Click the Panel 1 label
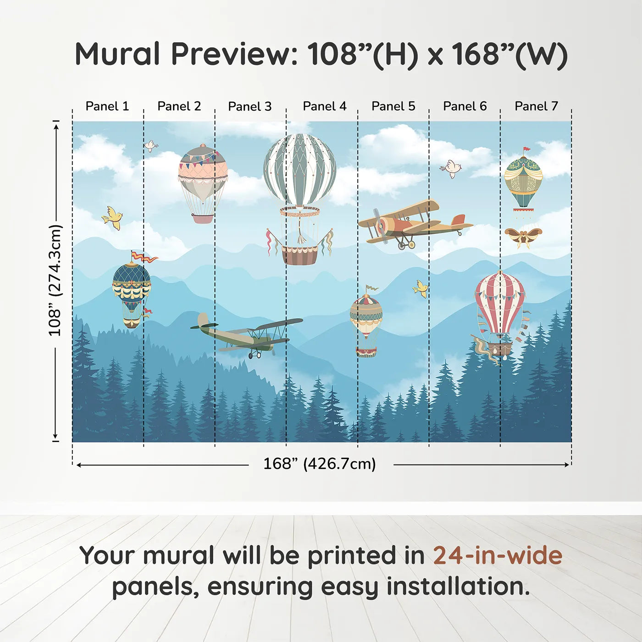(107, 106)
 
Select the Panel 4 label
(325, 106)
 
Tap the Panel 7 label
(536, 106)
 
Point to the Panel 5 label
(393, 106)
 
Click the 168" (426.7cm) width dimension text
(320, 464)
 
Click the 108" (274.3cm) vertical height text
(55, 280)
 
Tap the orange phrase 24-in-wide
(498, 555)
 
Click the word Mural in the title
(117, 54)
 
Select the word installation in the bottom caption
(458, 587)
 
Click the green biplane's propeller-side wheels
(255, 355)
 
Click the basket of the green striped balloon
(299, 255)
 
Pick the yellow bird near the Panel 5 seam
(420, 288)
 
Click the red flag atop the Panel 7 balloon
(527, 149)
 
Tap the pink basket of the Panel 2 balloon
(202, 219)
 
